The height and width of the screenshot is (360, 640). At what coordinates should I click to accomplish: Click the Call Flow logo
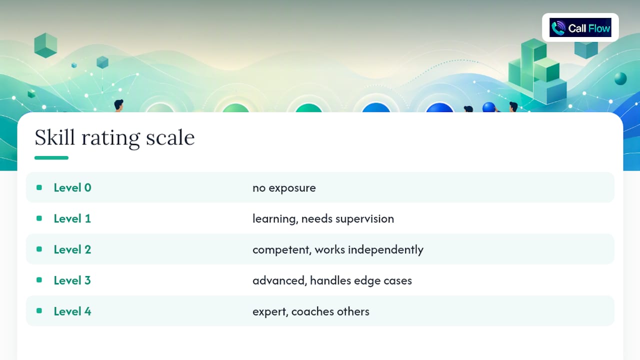click(580, 27)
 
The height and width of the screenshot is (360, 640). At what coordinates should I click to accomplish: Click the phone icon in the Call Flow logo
click(558, 28)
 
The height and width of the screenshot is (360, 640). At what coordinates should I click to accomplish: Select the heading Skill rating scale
click(114, 137)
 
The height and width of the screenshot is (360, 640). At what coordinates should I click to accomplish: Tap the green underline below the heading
click(51, 157)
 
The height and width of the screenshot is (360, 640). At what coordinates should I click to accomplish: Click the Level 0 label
click(72, 187)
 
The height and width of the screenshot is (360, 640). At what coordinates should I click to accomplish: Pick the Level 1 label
click(72, 218)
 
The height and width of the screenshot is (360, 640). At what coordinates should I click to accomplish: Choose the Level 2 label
click(72, 249)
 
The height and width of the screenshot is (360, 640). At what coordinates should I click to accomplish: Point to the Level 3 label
click(72, 280)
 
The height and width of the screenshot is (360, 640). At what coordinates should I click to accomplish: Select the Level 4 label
click(72, 311)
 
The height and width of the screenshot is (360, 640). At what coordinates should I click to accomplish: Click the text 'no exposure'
click(284, 188)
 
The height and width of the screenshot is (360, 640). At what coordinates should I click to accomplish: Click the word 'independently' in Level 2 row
click(385, 250)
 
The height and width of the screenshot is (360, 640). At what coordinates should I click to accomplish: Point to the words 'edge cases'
click(383, 281)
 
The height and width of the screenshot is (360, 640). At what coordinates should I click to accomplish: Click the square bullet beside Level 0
click(39, 187)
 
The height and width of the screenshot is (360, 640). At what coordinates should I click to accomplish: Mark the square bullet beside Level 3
click(39, 280)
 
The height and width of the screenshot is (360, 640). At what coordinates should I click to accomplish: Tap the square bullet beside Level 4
click(39, 311)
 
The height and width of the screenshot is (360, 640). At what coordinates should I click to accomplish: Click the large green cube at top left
click(45, 45)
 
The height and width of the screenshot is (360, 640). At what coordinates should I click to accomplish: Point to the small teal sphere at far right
click(620, 78)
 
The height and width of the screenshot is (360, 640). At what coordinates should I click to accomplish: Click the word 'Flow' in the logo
click(599, 28)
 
